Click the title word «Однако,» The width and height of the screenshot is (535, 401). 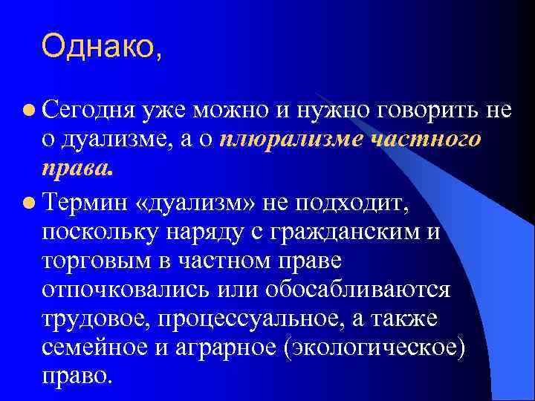click(101, 47)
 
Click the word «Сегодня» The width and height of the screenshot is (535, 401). click(88, 110)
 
